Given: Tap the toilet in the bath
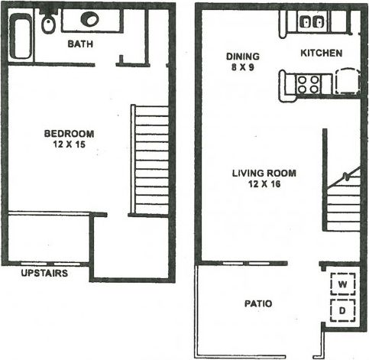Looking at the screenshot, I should point(47,24).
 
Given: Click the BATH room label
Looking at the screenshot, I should point(82,44).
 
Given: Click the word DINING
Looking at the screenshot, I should point(243,57).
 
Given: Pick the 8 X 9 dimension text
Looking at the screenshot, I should point(243,67).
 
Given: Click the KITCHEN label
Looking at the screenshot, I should point(321,53).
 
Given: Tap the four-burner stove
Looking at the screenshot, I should point(309,83).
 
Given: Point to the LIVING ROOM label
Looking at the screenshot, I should point(264,174).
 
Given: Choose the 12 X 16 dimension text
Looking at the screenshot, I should point(264,184).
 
